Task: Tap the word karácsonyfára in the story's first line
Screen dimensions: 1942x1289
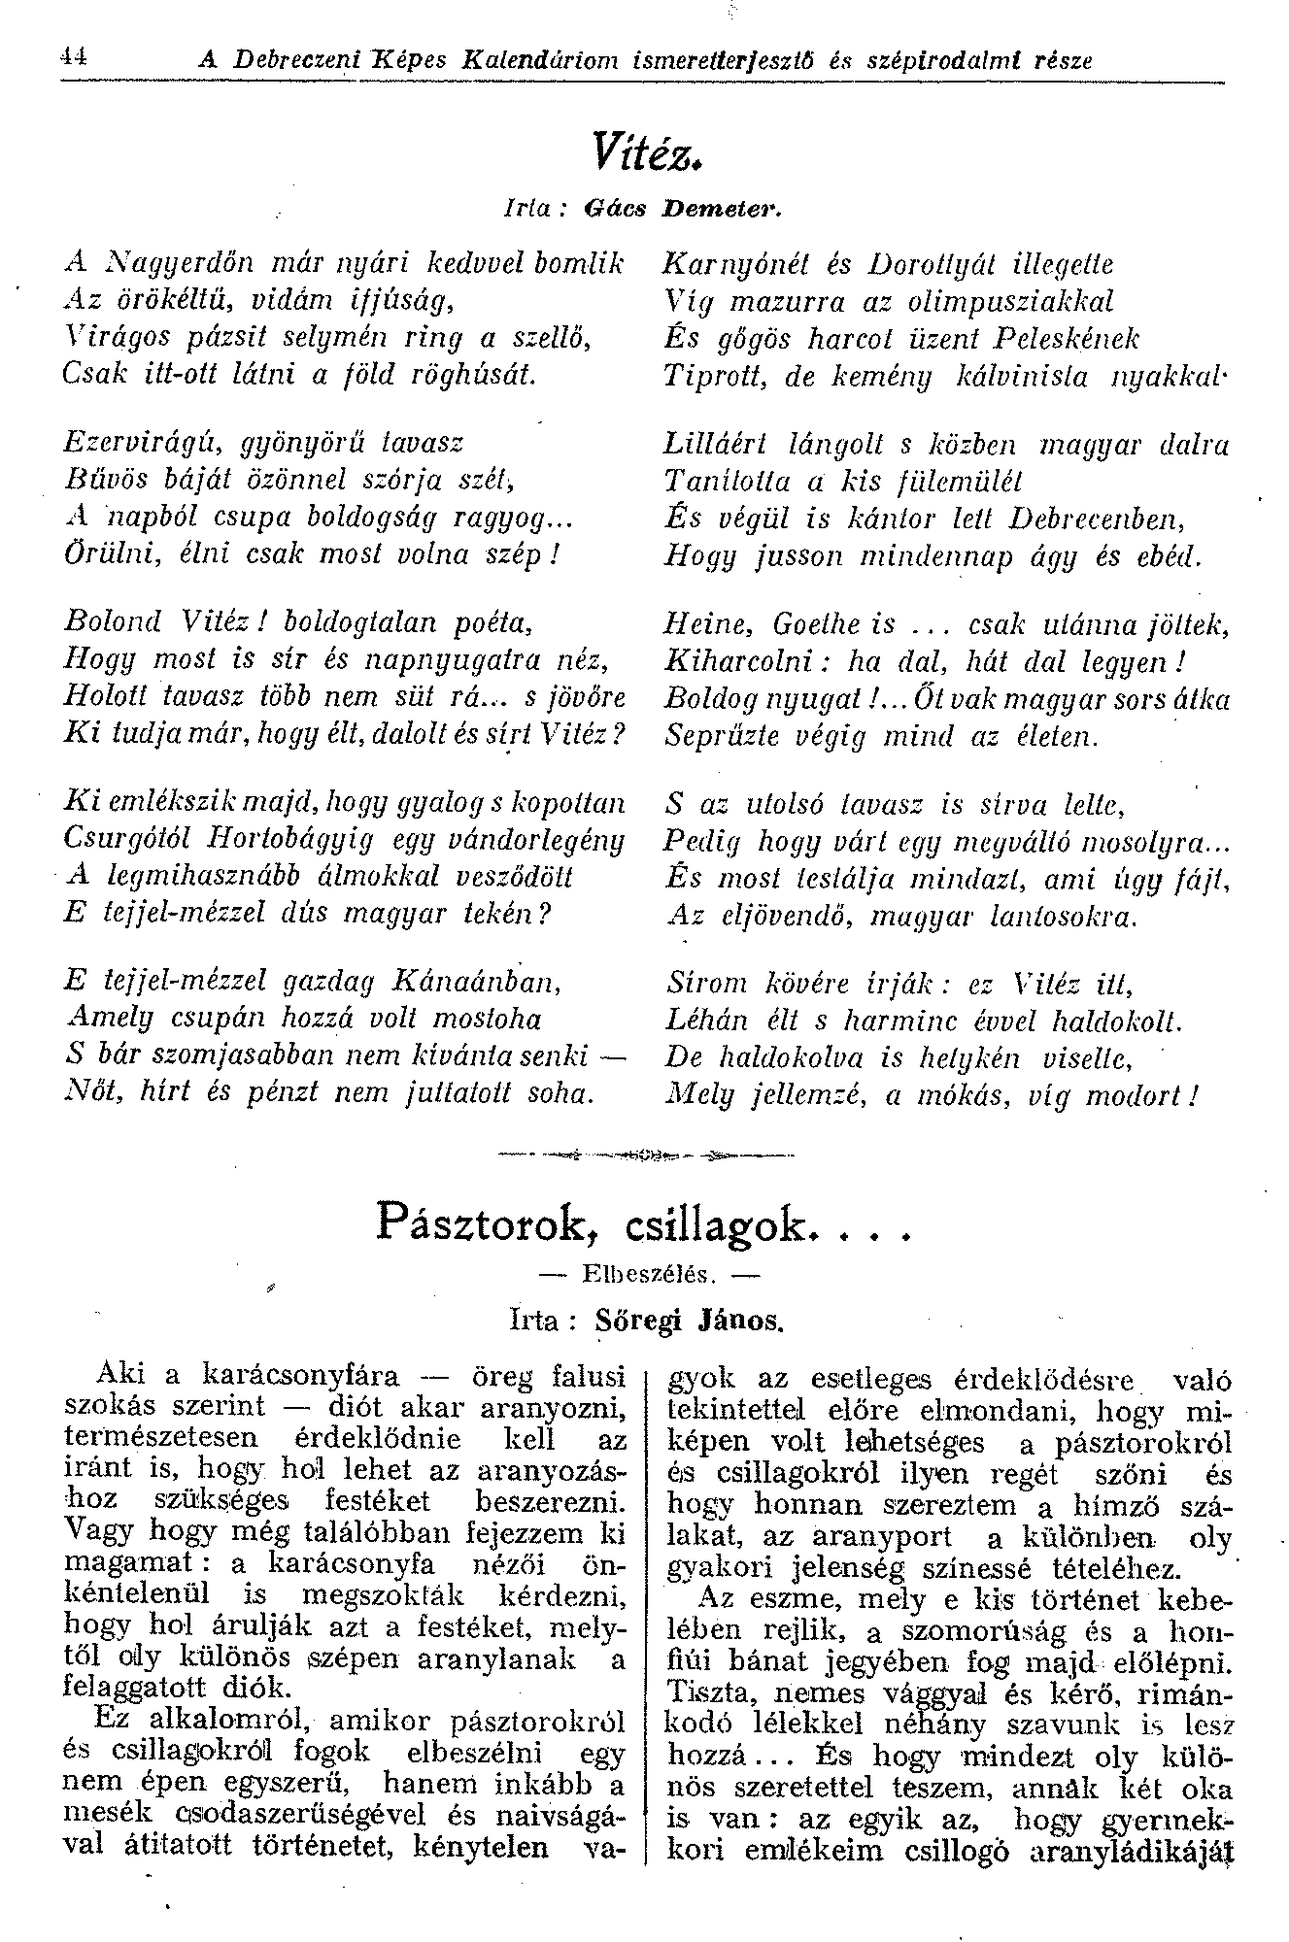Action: pos(301,1376)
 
